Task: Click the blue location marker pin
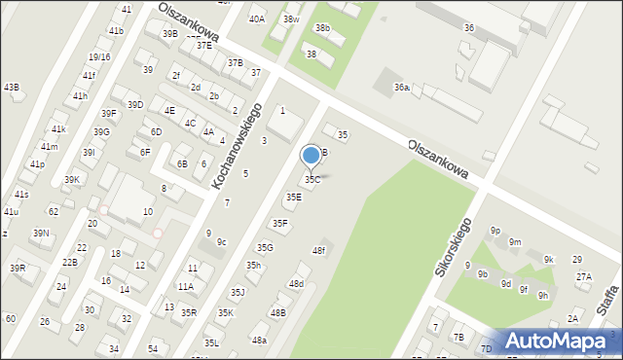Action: [311, 156]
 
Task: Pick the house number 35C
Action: [312, 180]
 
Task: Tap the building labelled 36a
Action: [401, 89]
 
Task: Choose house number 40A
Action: [257, 18]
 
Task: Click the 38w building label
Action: [291, 19]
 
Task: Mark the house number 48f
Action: [318, 251]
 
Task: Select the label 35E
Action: [293, 198]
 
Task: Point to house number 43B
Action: [12, 88]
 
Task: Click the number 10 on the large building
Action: [147, 211]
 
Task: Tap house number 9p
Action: [495, 231]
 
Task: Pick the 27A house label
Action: [584, 276]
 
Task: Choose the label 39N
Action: [41, 234]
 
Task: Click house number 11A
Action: [185, 286]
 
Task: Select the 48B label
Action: [278, 312]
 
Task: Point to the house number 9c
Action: [222, 242]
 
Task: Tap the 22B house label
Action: [69, 263]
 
